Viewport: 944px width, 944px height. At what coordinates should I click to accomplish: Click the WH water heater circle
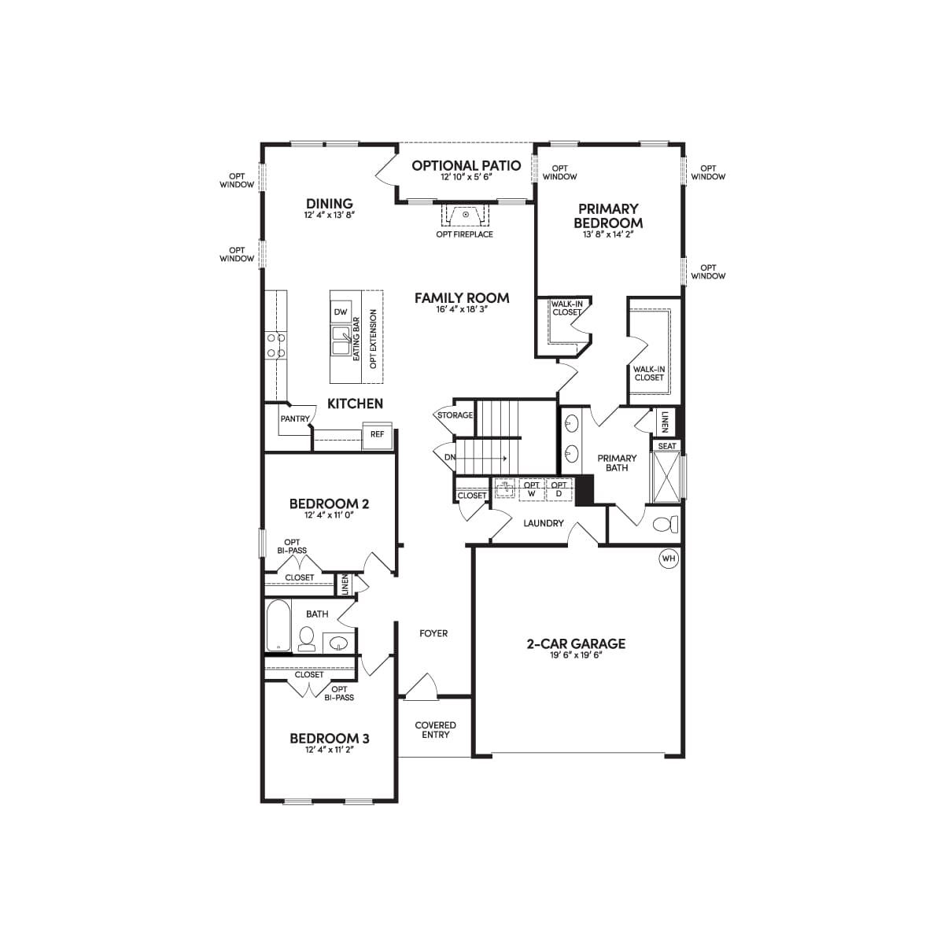(x=669, y=559)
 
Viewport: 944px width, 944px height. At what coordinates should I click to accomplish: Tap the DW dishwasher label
(x=341, y=312)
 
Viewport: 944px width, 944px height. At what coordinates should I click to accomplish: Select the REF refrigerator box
(x=378, y=435)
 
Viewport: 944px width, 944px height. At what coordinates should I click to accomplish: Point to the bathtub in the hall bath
(x=278, y=625)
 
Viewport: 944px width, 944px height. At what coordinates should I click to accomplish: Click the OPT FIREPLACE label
(x=464, y=234)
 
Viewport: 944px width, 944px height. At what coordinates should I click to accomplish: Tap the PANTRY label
(x=295, y=419)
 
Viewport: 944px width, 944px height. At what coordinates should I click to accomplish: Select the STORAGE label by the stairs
(x=455, y=415)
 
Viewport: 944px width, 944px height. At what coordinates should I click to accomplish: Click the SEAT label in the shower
(x=667, y=446)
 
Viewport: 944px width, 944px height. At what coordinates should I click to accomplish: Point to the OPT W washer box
(x=532, y=489)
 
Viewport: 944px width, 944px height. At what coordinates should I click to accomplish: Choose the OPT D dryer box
(x=559, y=489)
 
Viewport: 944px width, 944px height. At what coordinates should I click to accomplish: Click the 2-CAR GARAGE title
(x=576, y=643)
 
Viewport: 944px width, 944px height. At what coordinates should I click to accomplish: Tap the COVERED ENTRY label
(x=436, y=730)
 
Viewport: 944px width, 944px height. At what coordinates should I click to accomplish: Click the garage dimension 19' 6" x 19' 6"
(x=577, y=655)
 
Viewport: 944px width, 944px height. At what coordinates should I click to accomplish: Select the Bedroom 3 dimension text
(x=329, y=750)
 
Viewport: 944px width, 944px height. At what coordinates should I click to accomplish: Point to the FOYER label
(x=433, y=633)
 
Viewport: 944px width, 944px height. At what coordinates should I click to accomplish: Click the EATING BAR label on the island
(x=356, y=339)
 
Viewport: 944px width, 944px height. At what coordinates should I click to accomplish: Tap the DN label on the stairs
(x=450, y=458)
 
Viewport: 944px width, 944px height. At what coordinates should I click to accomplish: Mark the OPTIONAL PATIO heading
(x=466, y=166)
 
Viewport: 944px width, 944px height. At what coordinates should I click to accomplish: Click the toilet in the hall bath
(x=307, y=639)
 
